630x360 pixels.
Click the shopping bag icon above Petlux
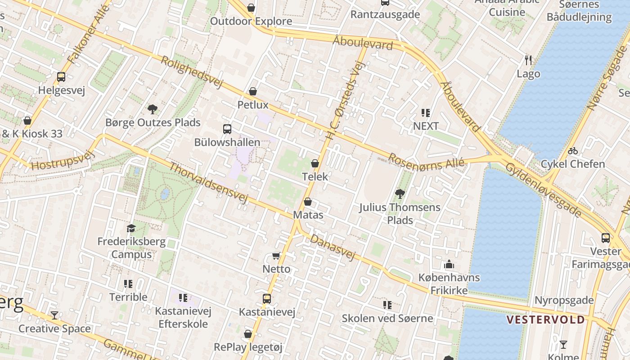click(x=253, y=92)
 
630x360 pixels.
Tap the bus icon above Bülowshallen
click(x=227, y=129)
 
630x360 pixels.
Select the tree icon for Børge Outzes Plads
click(x=153, y=109)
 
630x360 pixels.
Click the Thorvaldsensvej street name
click(x=208, y=183)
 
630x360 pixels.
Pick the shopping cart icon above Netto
click(x=276, y=256)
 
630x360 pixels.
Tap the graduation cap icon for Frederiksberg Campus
click(x=131, y=228)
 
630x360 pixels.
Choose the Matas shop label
click(x=308, y=215)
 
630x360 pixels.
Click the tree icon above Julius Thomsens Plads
click(x=400, y=194)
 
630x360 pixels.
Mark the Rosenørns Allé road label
click(x=426, y=162)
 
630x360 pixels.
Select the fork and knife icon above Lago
click(x=528, y=60)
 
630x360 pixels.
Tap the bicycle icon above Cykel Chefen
click(x=573, y=151)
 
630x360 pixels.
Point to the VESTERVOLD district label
click(x=545, y=320)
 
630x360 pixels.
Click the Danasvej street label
click(x=333, y=247)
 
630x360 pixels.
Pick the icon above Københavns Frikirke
click(x=449, y=264)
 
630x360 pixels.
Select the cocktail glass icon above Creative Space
click(x=54, y=315)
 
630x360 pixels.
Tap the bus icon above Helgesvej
click(x=61, y=77)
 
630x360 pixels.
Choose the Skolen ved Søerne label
click(x=387, y=318)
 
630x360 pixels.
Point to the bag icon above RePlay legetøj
click(x=248, y=334)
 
